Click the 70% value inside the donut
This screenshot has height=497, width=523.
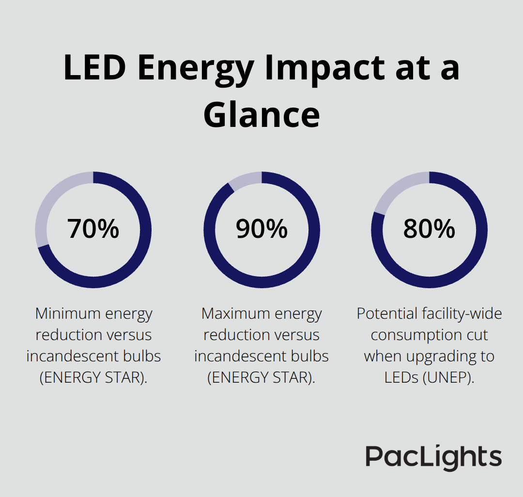93,229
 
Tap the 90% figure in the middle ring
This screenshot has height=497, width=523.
261,229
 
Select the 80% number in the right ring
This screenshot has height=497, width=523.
429,229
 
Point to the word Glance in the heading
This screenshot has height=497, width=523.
261,115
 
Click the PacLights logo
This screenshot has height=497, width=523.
433,457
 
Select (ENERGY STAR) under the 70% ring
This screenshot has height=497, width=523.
93,378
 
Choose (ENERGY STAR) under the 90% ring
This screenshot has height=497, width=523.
261,378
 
